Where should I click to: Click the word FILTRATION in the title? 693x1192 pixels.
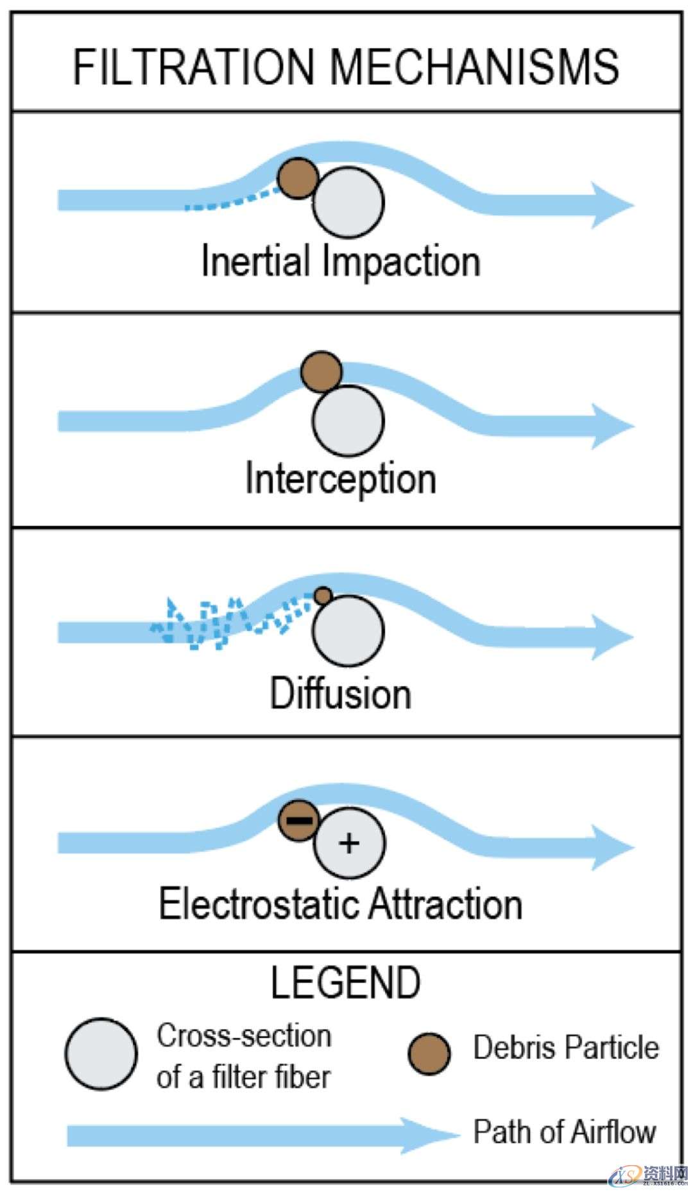coord(193,67)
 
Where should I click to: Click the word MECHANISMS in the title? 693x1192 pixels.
coord(474,67)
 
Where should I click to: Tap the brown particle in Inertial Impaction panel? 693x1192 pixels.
coord(298,178)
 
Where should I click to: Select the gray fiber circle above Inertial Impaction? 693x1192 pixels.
coord(348,202)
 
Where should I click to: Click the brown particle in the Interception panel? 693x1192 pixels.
coord(321,371)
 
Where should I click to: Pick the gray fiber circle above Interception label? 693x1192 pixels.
coord(348,421)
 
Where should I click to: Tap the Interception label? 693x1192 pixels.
coord(341,479)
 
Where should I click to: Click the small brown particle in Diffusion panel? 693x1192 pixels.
coord(323,596)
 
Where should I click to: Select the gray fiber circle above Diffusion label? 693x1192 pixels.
coord(348,631)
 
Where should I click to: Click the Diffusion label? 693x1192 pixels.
coord(341,694)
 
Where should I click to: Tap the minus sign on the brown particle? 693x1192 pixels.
coord(299,820)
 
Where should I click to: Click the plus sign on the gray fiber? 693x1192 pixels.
coord(349,843)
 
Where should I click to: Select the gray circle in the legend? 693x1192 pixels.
coord(101,1054)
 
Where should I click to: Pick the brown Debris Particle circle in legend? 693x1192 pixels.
coord(429,1053)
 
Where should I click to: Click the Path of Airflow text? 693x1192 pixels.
coord(565,1132)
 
